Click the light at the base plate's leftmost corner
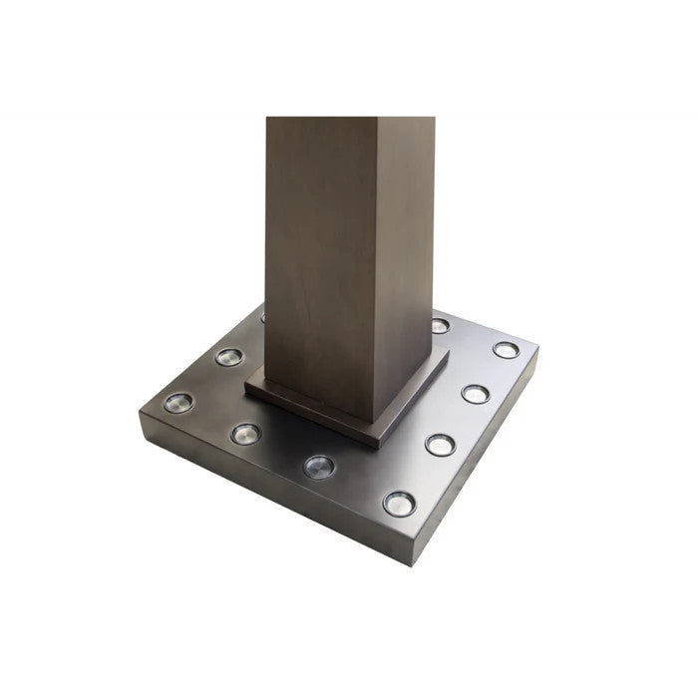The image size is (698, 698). pos(178,403)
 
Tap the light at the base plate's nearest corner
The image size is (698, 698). pos(399,504)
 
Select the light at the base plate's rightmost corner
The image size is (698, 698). pos(506,350)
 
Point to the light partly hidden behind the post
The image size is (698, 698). pos(263,318)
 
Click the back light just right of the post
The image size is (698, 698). pos(440,325)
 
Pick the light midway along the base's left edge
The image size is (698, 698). pos(229,356)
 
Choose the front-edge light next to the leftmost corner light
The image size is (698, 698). pos(245,434)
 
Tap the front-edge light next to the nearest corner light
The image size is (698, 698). pos(319,466)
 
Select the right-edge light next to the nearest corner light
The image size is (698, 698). pos(440,445)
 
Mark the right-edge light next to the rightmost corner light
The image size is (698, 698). pos(476,394)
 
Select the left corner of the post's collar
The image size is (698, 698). pos(246,389)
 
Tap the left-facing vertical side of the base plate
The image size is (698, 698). pos(259,479)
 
